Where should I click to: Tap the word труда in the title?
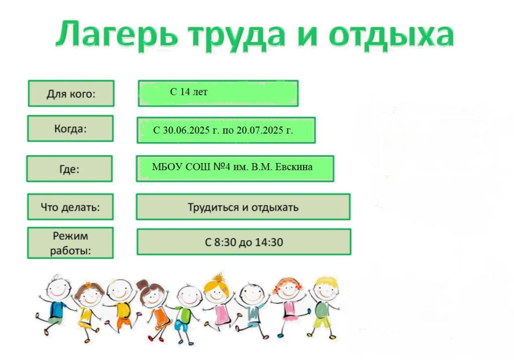pyautogui.click(x=236, y=36)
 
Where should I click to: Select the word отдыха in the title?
pyautogui.click(x=392, y=36)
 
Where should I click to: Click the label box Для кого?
pyautogui.click(x=71, y=93)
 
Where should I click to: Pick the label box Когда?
pyautogui.click(x=70, y=129)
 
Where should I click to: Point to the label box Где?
pyautogui.click(x=69, y=169)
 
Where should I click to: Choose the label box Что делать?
pyautogui.click(x=70, y=207)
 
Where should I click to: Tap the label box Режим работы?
pyautogui.click(x=70, y=243)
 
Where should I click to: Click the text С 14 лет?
pyautogui.click(x=189, y=92)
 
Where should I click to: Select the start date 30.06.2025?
pyautogui.click(x=186, y=130)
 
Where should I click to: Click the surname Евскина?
pyautogui.click(x=294, y=167)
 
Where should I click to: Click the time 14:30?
pyautogui.click(x=269, y=243)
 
